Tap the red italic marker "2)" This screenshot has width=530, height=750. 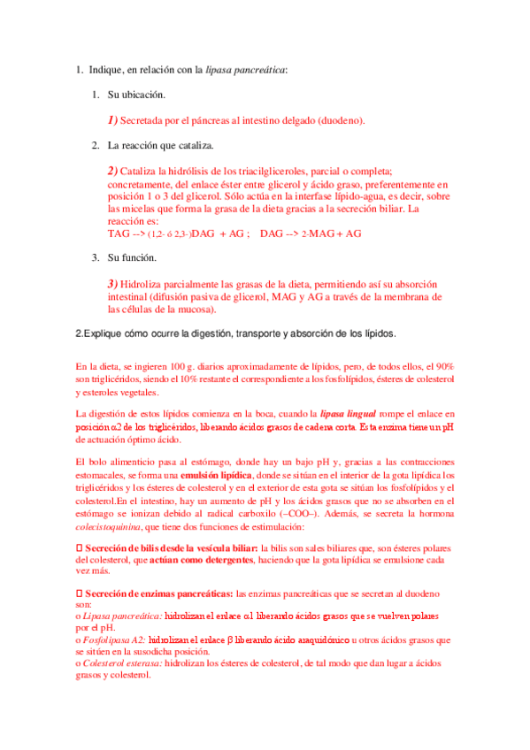(x=111, y=170)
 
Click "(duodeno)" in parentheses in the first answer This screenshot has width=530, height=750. (x=337, y=119)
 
